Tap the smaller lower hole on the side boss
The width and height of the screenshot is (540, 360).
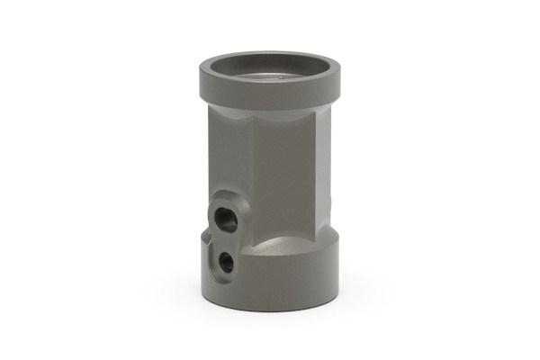tap(227, 261)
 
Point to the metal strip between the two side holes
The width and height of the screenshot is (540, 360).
tap(225, 239)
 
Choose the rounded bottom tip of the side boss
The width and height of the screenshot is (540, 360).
tap(225, 275)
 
